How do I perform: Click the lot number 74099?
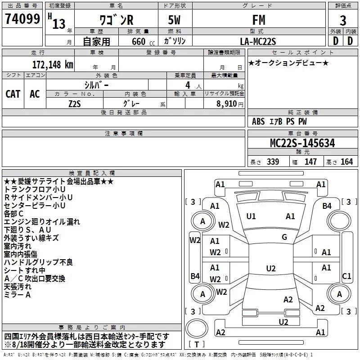[x=22, y=18]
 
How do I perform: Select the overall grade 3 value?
[x=343, y=20]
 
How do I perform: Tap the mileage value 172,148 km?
[x=53, y=65]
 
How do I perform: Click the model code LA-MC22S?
[x=258, y=41]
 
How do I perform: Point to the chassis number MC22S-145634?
[x=302, y=143]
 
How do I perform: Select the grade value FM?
[x=259, y=20]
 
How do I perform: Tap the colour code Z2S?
[x=75, y=104]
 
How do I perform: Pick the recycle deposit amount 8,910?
[x=227, y=103]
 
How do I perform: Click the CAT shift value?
[x=13, y=94]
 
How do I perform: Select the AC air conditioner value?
[x=35, y=94]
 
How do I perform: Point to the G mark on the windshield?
[x=284, y=237]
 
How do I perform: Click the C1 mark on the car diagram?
[x=346, y=276]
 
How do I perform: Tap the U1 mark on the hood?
[x=251, y=216]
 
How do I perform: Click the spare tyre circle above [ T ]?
[x=197, y=328]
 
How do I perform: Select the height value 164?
[x=346, y=162]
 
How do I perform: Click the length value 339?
[x=273, y=162]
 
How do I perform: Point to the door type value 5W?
[x=174, y=20]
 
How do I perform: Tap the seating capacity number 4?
[x=188, y=85]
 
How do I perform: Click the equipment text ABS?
[x=258, y=121]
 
